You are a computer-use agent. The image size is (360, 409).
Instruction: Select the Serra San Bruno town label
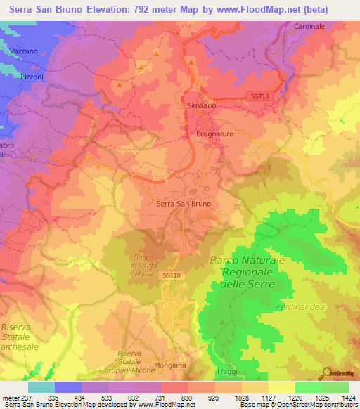[182, 204]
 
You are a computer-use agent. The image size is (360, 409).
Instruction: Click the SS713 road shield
[259, 96]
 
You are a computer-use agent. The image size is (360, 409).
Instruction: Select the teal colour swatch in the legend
[41, 387]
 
